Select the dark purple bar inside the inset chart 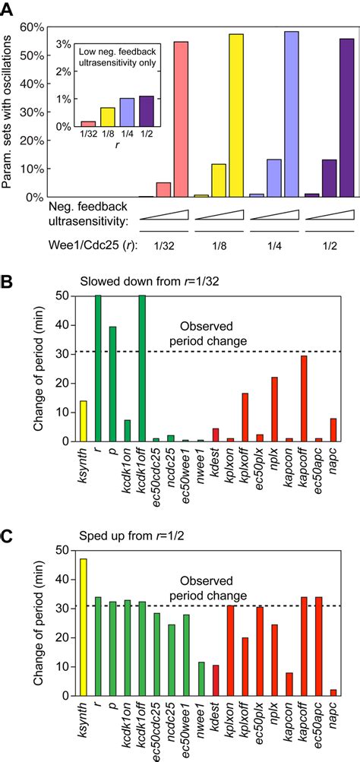coord(146,111)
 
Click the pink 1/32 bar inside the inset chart coord(88,123)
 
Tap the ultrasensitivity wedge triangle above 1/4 coord(279,216)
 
